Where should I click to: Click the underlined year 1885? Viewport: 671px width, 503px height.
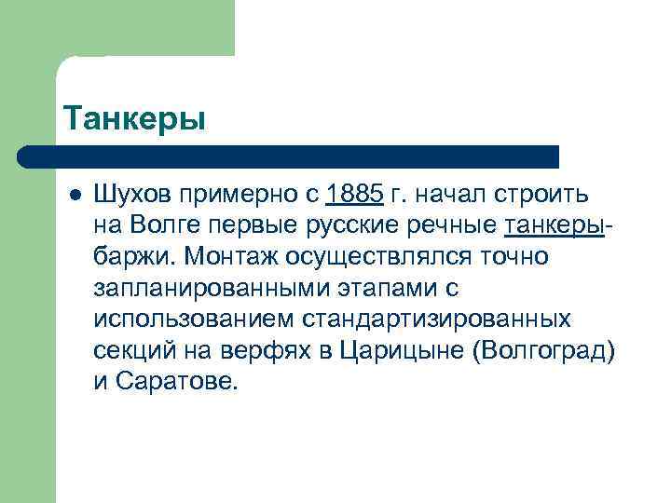pyautogui.click(x=355, y=196)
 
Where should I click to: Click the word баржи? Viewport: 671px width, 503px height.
pyautogui.click(x=134, y=256)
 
